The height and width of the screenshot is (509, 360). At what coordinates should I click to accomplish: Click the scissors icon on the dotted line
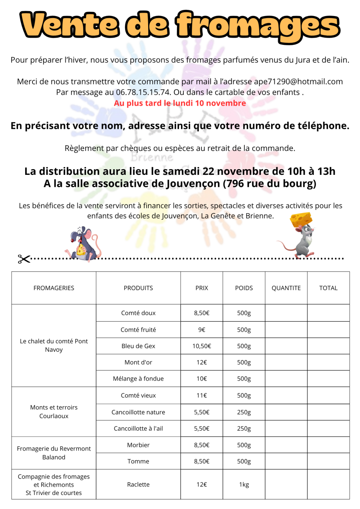coord(24,259)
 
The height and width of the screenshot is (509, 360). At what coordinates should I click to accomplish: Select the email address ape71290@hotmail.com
coord(298,82)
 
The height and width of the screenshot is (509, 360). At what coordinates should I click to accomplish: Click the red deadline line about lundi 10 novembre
coord(180,103)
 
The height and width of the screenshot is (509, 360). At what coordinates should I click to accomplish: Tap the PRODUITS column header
coord(138,288)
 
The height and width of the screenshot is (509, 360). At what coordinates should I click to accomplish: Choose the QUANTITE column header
coord(286,288)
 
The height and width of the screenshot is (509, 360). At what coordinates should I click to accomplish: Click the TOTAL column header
coord(328,288)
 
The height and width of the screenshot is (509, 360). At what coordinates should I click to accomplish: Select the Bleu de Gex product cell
coord(138,346)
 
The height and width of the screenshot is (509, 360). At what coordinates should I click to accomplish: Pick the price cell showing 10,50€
coord(201,346)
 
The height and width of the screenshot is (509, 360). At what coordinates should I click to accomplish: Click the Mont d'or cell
coord(138,363)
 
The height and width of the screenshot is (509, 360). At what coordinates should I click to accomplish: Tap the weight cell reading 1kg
coord(244,485)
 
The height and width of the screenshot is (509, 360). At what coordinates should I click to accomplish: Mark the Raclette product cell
coord(138,485)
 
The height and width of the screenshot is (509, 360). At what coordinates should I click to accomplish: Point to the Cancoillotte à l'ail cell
coord(138,429)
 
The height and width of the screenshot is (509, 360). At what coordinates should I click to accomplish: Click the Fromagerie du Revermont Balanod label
coord(54,453)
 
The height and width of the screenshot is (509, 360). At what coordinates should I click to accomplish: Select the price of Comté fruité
coord(201,330)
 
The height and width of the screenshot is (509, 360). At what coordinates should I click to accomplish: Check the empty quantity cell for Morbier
coord(286,445)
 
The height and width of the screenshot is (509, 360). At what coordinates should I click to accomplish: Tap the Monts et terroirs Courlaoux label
coord(54,412)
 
